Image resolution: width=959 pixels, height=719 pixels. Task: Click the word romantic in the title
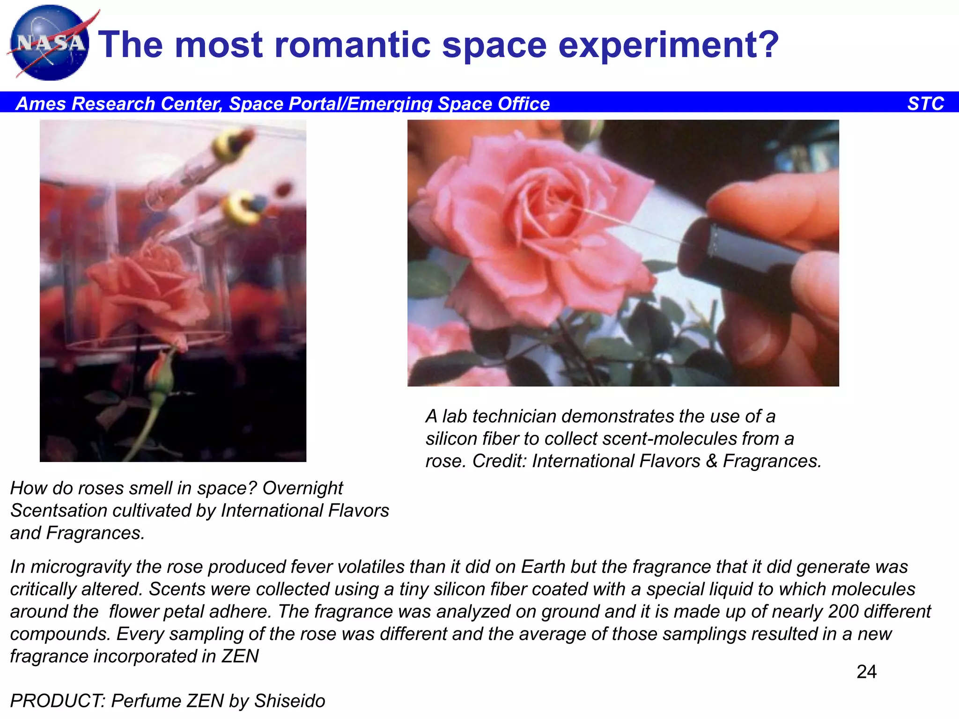pos(353,45)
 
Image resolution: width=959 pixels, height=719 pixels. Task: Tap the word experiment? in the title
pos(668,46)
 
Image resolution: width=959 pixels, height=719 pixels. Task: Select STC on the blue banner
pos(925,103)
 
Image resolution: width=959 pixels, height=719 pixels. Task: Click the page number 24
pos(866,672)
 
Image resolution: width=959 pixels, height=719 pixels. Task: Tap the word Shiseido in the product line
pos(289,701)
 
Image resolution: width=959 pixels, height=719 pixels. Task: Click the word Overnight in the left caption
pos(302,488)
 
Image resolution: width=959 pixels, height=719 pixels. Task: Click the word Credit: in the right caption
pos(499,461)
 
